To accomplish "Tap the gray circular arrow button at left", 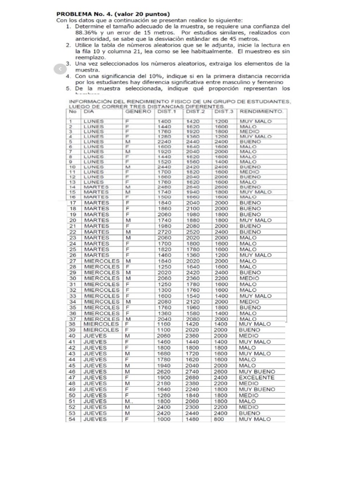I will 60,69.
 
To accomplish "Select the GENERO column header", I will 138,112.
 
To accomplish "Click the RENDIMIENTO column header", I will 262,112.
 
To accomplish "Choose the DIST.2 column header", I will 195,112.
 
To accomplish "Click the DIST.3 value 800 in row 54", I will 220,419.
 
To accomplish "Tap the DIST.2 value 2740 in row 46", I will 193,372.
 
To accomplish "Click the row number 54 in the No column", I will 72,419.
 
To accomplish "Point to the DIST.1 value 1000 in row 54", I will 164,419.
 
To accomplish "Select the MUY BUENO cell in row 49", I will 257,389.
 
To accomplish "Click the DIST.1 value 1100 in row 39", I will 164,330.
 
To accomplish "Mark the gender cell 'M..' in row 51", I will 129,401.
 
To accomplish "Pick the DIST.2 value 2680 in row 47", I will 193,377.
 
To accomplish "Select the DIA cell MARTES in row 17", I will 97,202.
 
